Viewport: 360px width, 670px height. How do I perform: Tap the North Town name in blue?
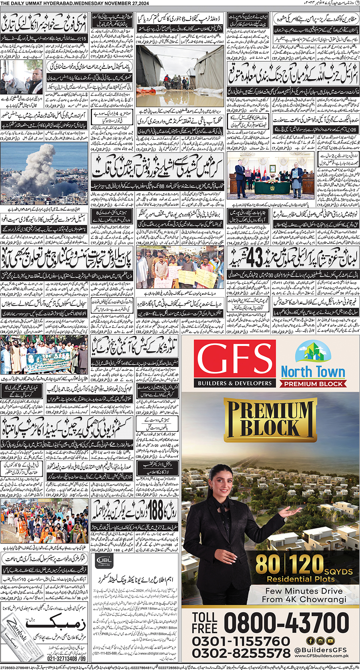(x=313, y=372)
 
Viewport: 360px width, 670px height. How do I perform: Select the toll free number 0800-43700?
(x=286, y=623)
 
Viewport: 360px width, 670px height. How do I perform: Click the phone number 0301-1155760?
(x=241, y=641)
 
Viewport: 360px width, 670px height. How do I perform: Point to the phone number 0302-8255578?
(x=241, y=654)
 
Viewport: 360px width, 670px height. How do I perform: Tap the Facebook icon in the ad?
(x=310, y=641)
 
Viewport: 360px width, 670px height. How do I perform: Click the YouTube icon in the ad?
(x=330, y=641)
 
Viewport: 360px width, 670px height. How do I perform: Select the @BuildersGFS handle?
(x=321, y=650)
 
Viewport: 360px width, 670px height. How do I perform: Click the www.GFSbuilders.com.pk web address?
(x=321, y=656)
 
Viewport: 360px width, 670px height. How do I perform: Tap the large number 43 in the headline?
(x=254, y=257)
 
